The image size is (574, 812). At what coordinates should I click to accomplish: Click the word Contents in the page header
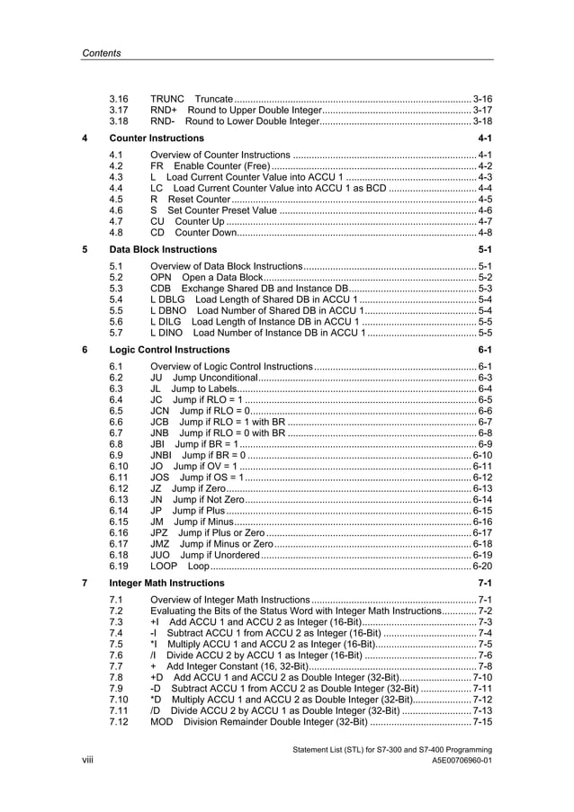101,53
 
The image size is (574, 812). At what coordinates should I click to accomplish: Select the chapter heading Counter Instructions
156,138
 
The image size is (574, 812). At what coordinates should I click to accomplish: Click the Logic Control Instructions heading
168,349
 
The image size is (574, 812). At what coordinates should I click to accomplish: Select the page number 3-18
482,120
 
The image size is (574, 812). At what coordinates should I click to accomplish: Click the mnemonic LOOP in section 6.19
164,567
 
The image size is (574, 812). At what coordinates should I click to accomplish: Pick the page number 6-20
482,567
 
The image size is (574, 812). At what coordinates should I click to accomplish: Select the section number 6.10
119,467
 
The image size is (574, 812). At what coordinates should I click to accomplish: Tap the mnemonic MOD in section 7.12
162,722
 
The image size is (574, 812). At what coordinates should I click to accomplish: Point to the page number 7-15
482,722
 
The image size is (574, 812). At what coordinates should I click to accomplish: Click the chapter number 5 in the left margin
85,248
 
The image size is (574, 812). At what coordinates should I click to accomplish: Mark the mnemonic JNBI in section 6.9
164,455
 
